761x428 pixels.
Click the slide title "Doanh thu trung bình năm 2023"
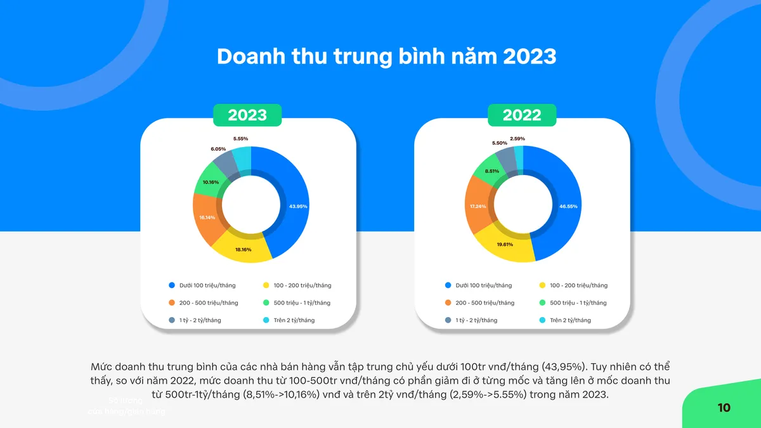(x=386, y=56)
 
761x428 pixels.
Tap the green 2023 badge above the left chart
(x=247, y=115)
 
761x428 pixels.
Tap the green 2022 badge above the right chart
(x=522, y=115)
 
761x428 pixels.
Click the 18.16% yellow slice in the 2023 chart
(x=244, y=250)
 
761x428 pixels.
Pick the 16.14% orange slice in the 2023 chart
(x=207, y=217)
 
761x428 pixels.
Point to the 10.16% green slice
(x=211, y=182)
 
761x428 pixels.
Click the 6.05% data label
(x=218, y=149)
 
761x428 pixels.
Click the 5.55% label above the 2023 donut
(x=240, y=138)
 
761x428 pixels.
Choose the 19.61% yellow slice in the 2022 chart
(x=505, y=244)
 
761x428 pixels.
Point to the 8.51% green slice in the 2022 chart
(x=491, y=171)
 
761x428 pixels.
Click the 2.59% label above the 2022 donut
(x=517, y=138)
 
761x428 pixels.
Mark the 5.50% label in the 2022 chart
(x=499, y=143)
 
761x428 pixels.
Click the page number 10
(x=724, y=408)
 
